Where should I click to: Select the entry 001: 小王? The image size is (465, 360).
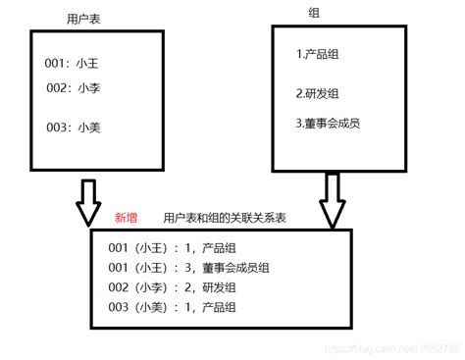(x=74, y=64)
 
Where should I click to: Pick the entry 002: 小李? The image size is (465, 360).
(x=75, y=87)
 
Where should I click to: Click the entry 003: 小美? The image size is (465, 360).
(x=74, y=127)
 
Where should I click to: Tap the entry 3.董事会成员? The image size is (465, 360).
(x=334, y=124)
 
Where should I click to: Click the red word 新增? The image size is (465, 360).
(x=127, y=218)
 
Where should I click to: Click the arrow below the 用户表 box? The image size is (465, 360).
(x=89, y=203)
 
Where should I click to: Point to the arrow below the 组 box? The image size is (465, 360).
(x=333, y=201)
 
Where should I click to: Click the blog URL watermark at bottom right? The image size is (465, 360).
(x=392, y=350)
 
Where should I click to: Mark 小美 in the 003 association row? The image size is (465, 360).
(x=150, y=308)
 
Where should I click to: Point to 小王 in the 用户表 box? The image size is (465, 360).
(x=88, y=64)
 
